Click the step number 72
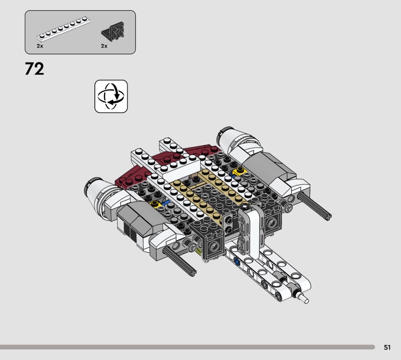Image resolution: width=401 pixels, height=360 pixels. (34, 69)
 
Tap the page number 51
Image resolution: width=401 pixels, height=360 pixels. (387, 347)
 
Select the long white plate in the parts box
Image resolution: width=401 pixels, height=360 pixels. (63, 29)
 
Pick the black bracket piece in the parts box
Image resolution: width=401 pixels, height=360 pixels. (113, 31)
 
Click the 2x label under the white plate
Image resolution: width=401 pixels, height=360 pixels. (40, 46)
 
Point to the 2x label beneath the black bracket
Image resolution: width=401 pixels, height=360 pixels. (104, 46)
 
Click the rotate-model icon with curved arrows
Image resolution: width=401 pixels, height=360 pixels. (111, 96)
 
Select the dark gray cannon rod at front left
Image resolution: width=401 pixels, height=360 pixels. (179, 261)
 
